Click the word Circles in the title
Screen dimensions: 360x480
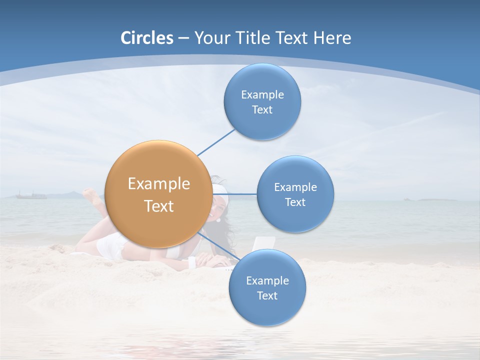147,38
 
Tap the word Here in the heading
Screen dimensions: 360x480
332,38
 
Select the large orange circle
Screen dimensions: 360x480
158,194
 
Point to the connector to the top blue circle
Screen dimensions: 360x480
216,142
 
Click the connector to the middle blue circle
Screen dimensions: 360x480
234,193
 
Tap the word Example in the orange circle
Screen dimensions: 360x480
159,184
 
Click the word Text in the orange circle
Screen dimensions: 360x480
159,206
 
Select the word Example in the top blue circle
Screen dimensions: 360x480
262,95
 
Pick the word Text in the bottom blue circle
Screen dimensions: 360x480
267,295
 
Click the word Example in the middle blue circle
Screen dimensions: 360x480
295,187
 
